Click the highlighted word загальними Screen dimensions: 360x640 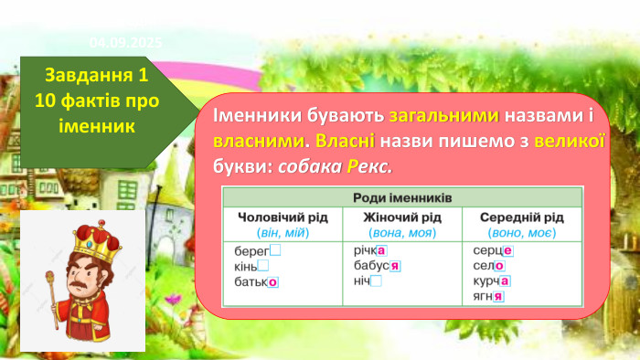pyautogui.click(x=443, y=117)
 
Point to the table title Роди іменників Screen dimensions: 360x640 pyautogui.click(x=402, y=198)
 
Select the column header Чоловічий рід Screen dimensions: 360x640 pyautogui.click(x=279, y=217)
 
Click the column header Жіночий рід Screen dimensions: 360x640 pyautogui.click(x=402, y=217)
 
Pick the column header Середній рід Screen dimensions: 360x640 pyautogui.click(x=520, y=217)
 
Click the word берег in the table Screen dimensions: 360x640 pyautogui.click(x=251, y=250)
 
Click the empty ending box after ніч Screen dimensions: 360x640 pyautogui.click(x=376, y=281)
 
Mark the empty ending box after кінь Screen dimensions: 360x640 pyautogui.click(x=263, y=266)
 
